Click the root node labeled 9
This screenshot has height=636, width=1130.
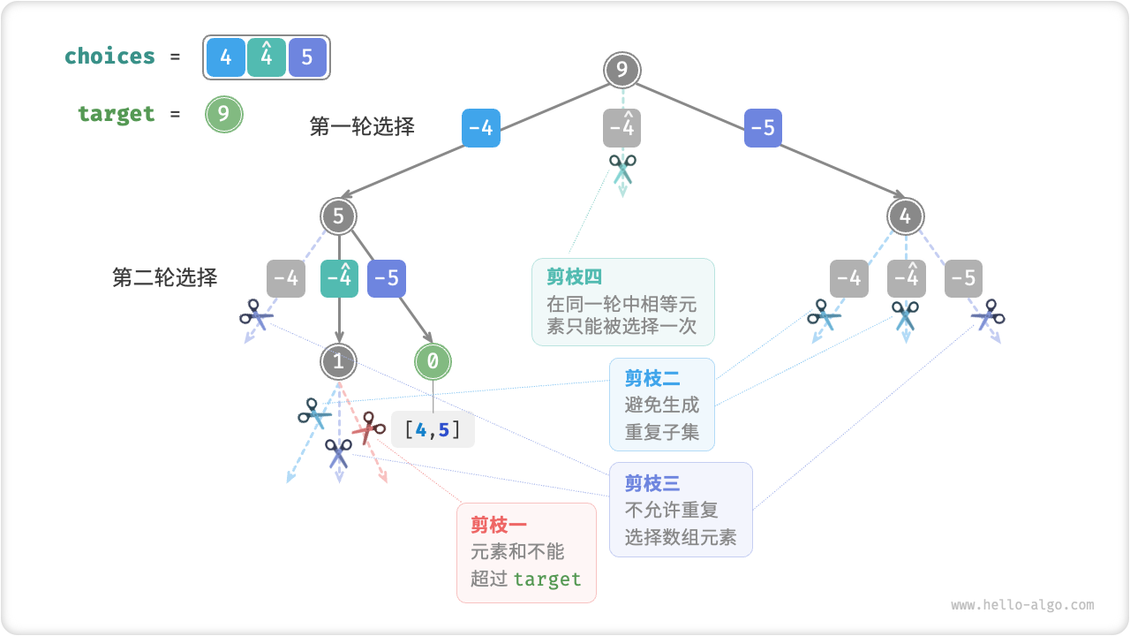point(622,71)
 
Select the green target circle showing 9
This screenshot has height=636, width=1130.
point(223,114)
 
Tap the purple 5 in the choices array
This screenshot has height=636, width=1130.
point(307,57)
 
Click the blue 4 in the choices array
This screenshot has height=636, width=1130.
point(226,57)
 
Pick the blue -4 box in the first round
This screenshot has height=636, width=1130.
point(480,128)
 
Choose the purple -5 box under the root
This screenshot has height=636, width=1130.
point(763,128)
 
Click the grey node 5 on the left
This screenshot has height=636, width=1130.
point(338,216)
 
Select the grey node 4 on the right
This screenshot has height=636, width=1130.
point(905,216)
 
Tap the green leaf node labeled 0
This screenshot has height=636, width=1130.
point(433,360)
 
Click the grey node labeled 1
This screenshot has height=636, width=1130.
point(338,360)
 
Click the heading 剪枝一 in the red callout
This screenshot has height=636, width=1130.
point(493,526)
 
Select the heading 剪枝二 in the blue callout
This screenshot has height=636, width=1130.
point(652,379)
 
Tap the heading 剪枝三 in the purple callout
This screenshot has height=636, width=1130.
point(652,483)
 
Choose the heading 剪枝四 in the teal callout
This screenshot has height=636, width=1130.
point(574,277)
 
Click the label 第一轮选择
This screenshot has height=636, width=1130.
point(362,126)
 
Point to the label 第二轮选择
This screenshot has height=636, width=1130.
point(165,277)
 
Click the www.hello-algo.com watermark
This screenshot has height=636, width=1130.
point(1022,605)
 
